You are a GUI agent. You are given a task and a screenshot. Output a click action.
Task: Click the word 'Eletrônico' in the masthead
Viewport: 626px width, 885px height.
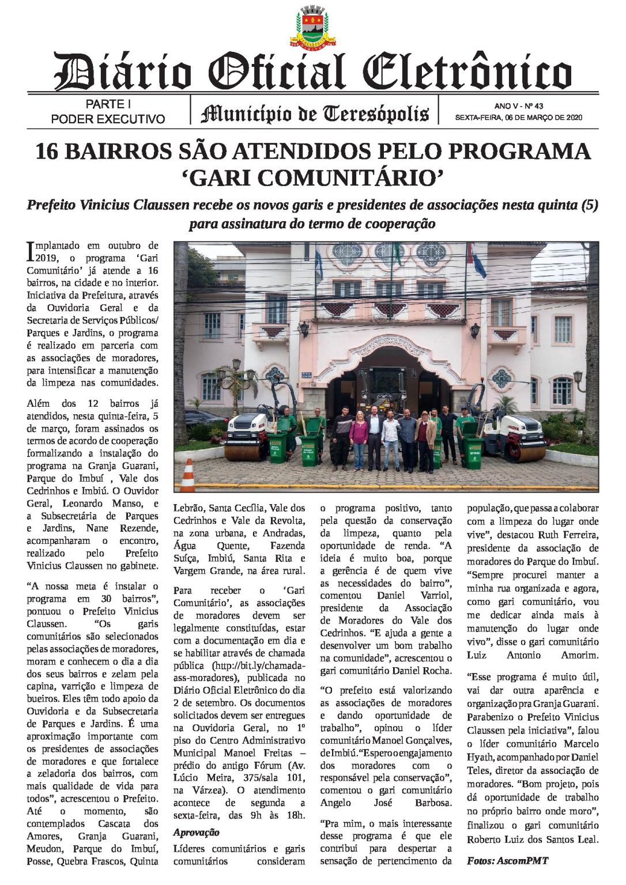(x=467, y=73)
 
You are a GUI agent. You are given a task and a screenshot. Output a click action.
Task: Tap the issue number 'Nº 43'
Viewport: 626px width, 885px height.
(x=534, y=106)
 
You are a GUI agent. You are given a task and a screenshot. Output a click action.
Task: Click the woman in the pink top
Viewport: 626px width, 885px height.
(x=359, y=438)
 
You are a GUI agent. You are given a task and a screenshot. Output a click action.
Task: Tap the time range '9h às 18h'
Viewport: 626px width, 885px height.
(x=276, y=815)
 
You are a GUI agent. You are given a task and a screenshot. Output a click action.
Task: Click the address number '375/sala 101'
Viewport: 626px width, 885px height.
(x=262, y=778)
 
